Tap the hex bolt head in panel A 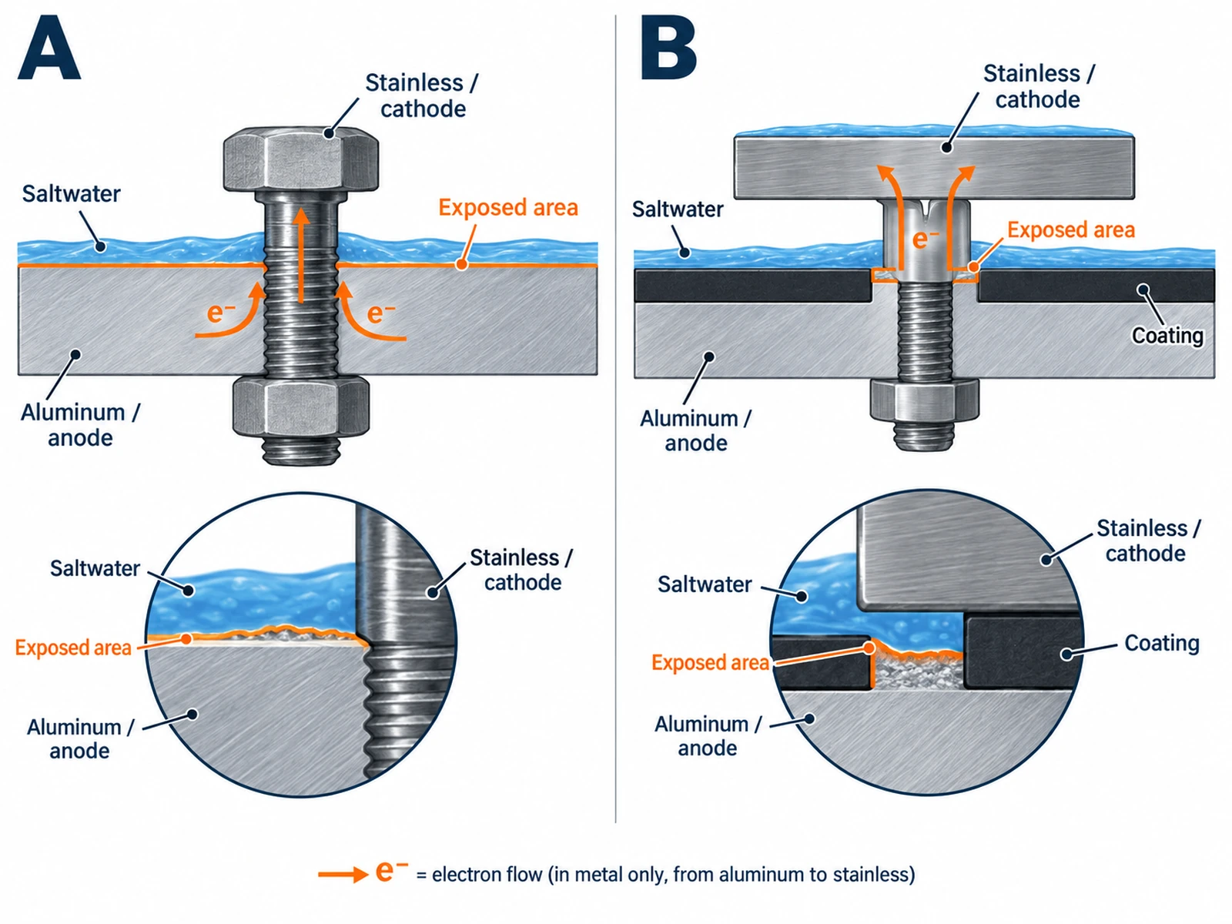click(x=301, y=159)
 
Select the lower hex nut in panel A click(x=301, y=407)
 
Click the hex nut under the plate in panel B click(x=925, y=400)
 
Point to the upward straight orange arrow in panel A click(x=302, y=256)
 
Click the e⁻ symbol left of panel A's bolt click(x=221, y=313)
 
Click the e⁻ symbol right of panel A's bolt click(x=381, y=313)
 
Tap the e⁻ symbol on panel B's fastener click(x=926, y=239)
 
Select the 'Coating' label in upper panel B click(x=1167, y=336)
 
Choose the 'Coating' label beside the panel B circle click(x=1162, y=643)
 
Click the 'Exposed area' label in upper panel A click(x=508, y=208)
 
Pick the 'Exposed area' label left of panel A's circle click(x=73, y=648)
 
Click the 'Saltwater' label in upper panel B click(x=678, y=209)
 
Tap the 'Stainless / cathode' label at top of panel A click(x=422, y=96)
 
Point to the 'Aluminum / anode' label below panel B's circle click(x=708, y=736)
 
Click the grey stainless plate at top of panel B click(x=934, y=168)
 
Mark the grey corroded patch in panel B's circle click(x=919, y=672)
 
